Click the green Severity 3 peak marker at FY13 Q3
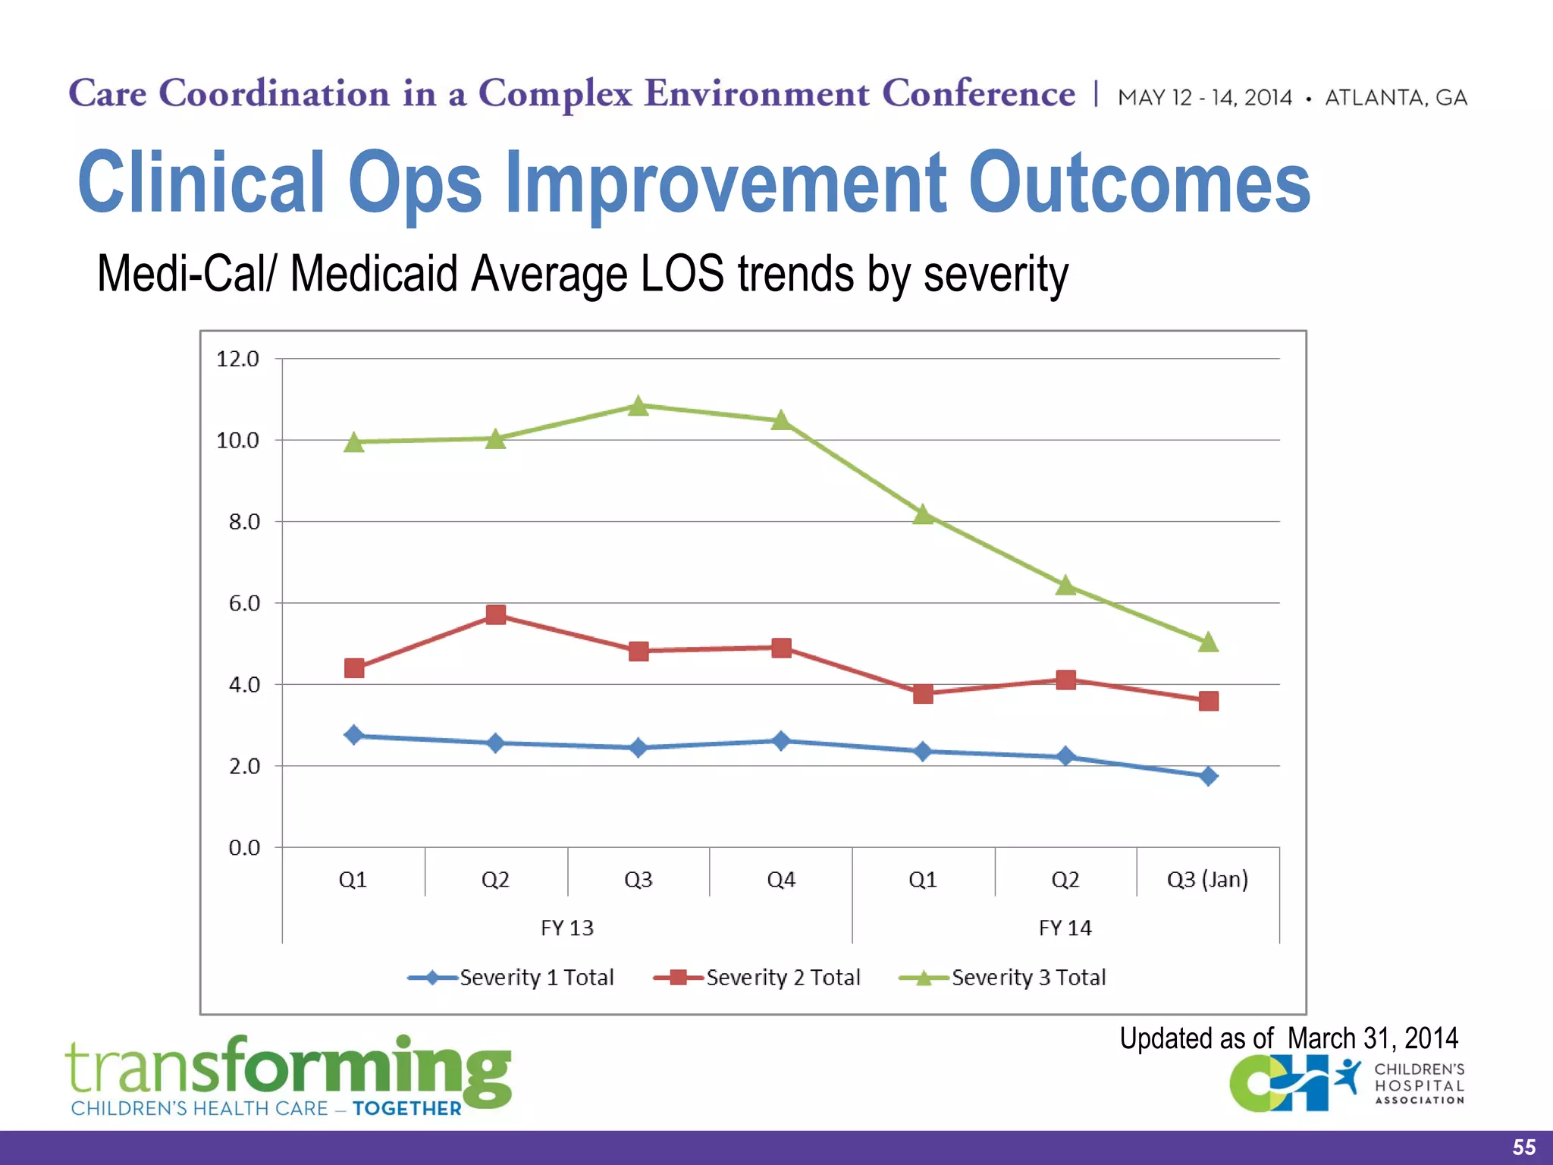(638, 407)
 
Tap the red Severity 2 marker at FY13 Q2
(495, 614)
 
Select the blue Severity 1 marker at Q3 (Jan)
(1208, 776)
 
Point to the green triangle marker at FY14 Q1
(923, 515)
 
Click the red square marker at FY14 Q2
(1065, 680)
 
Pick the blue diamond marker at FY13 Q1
(354, 735)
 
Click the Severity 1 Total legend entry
(536, 978)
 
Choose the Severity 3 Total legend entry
(1028, 978)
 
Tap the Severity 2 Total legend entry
(783, 978)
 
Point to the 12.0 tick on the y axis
(238, 359)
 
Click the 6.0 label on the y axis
(244, 604)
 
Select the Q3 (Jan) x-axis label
(1207, 880)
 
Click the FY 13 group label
(567, 928)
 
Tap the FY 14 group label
(1065, 928)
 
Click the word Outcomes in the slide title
(1139, 182)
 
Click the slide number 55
(1523, 1147)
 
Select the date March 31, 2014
(1373, 1038)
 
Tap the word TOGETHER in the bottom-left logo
(407, 1109)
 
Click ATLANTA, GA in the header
(1395, 98)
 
